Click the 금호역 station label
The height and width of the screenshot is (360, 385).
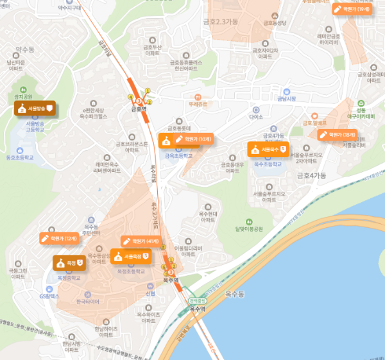tap(139, 109)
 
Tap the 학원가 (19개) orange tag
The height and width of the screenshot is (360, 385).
tap(352, 9)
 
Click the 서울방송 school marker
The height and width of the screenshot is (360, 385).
tap(35, 108)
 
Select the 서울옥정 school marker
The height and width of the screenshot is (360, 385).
tap(131, 257)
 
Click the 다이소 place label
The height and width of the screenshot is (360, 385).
tap(257, 117)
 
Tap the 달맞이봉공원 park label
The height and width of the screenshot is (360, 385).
tap(241, 228)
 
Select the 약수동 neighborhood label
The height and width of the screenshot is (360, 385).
tap(24, 49)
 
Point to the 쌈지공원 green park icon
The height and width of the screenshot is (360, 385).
tap(22, 89)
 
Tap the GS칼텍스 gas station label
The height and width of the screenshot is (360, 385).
tap(49, 296)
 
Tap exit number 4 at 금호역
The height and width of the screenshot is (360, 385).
tap(131, 98)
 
